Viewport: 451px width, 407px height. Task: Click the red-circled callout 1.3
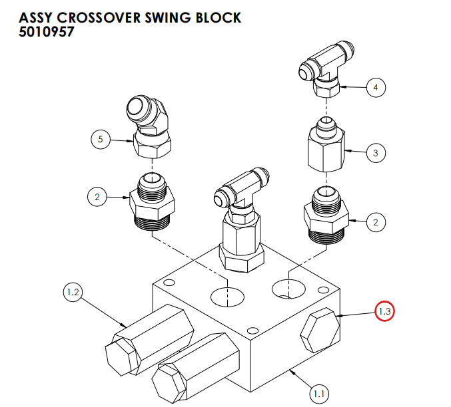[384, 311]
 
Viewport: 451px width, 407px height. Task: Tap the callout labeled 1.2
[73, 292]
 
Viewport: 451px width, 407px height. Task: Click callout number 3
[376, 153]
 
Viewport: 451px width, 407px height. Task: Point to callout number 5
[100, 139]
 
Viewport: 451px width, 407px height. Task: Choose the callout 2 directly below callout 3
[376, 223]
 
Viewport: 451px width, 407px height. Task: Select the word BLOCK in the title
[219, 17]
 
